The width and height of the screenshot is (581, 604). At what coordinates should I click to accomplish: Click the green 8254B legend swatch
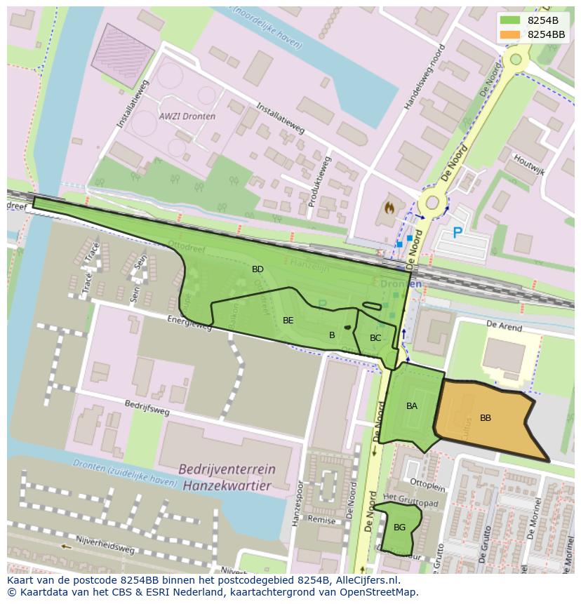tap(511, 21)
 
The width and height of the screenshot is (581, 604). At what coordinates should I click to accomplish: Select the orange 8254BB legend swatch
tap(511, 34)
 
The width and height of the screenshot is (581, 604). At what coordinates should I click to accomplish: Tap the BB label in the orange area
tap(485, 418)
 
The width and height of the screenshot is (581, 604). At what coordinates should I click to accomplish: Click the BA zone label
tap(412, 406)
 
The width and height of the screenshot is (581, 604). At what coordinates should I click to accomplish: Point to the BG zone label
tap(399, 528)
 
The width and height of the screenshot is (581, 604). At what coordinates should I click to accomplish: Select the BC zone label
tap(375, 338)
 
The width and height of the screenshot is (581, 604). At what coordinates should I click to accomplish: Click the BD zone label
tap(258, 269)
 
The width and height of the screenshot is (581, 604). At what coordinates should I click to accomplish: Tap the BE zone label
tap(288, 321)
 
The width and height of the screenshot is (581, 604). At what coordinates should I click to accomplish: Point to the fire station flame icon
tap(389, 208)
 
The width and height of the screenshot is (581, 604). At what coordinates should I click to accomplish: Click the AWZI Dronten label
tap(187, 116)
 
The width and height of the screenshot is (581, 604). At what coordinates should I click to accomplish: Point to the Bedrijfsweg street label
tap(147, 408)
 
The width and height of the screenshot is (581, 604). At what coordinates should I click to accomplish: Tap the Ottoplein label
tap(427, 484)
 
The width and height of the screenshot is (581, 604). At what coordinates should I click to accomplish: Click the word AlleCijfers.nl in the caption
tap(365, 581)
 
